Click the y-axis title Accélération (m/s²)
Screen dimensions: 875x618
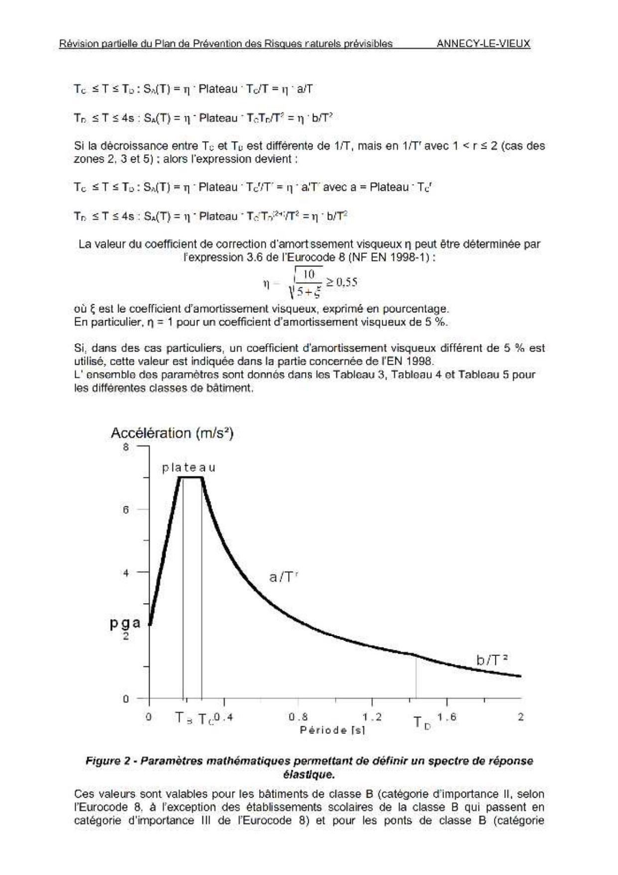tap(172, 433)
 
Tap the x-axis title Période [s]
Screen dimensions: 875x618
tap(332, 730)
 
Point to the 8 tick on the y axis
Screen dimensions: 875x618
tap(126, 447)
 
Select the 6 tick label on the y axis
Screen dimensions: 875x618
tap(126, 510)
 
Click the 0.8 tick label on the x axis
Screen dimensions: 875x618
tap(298, 717)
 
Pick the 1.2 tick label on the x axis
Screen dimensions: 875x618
tap(372, 717)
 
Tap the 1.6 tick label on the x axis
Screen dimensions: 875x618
tap(447, 717)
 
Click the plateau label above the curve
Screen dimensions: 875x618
tap(189, 468)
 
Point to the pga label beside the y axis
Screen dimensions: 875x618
tap(125, 623)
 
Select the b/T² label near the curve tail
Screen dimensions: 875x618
tap(492, 660)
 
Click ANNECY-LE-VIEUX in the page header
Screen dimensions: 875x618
tap(483, 43)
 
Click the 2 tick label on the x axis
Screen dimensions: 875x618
tap(521, 717)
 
